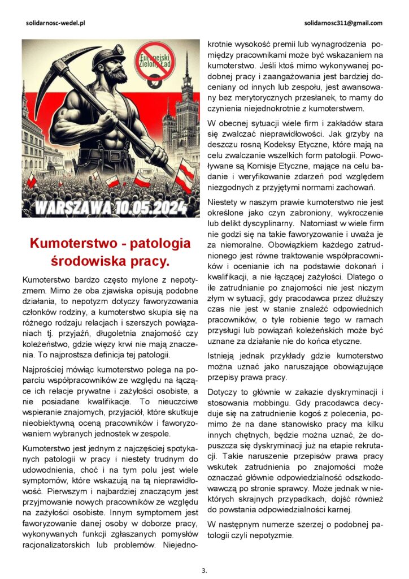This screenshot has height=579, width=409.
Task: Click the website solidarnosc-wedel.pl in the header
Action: (55, 23)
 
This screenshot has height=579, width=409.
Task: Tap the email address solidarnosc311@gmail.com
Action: (343, 23)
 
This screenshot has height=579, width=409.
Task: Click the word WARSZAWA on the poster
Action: (70, 207)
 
